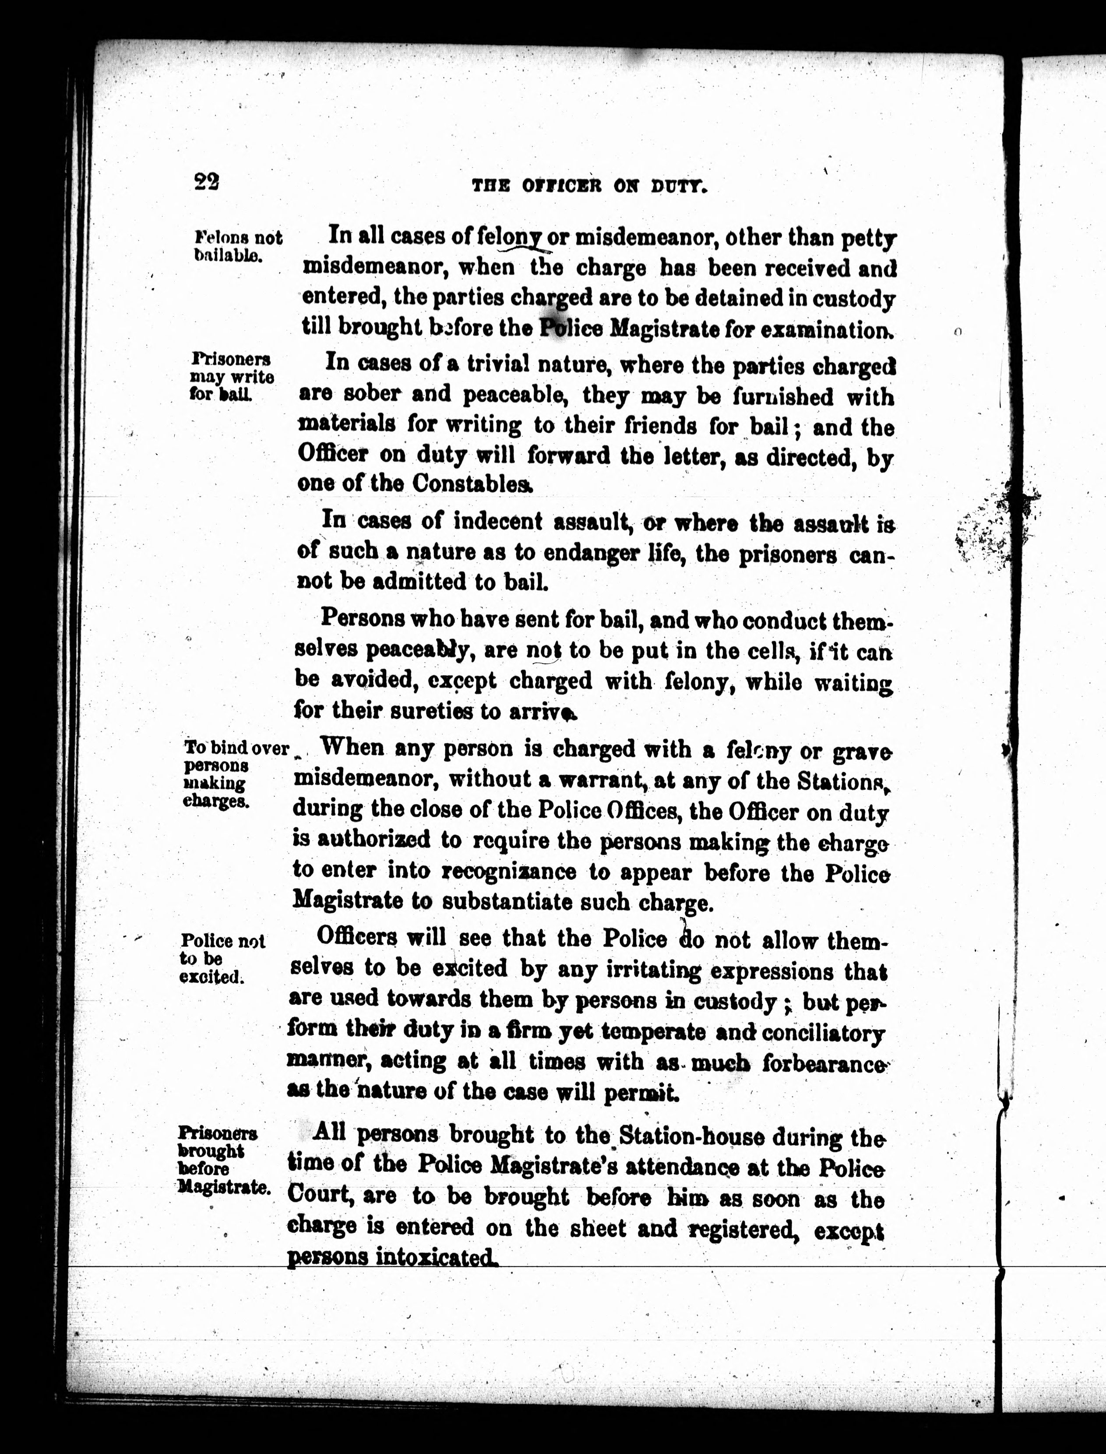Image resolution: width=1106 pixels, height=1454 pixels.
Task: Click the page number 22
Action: (x=207, y=181)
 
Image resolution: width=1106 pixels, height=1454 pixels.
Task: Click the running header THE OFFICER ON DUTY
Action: (x=590, y=187)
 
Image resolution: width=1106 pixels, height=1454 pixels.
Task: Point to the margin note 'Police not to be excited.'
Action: (x=222, y=959)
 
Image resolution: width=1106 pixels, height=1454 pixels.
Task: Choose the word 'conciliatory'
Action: (x=823, y=1033)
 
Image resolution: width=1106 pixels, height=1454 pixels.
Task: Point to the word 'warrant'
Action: (x=599, y=781)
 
